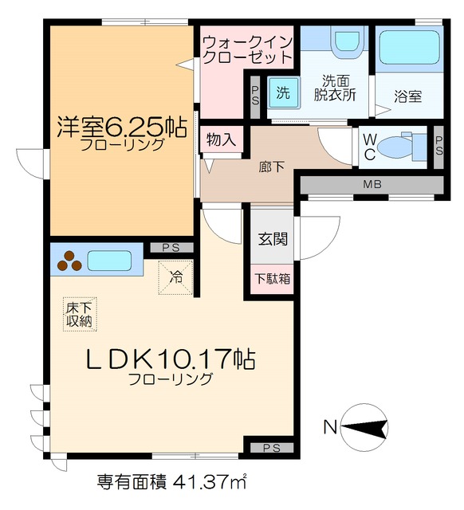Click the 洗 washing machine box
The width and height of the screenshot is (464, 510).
[282, 92]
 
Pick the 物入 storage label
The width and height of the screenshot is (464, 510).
[221, 139]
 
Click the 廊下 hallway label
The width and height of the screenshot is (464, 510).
[272, 167]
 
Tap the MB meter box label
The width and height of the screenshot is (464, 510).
[372, 185]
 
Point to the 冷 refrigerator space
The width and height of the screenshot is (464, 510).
[176, 278]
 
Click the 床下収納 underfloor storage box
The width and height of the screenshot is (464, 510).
[78, 313]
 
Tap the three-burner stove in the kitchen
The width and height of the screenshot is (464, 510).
[69, 260]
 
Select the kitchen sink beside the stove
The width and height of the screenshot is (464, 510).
[110, 260]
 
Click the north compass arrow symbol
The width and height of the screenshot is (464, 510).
[364, 428]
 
